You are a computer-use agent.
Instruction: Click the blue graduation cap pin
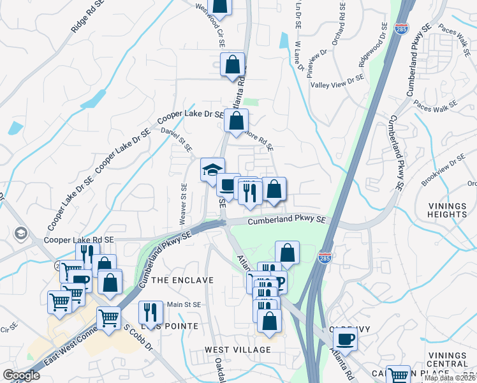(212, 170)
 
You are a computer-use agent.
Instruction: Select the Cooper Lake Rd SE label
(79, 241)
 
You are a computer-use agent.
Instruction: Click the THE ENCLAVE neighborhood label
(178, 280)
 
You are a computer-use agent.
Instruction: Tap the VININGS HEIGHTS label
(447, 210)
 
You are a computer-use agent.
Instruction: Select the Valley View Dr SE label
(337, 82)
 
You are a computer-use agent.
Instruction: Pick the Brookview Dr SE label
(444, 169)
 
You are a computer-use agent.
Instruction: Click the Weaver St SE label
(184, 204)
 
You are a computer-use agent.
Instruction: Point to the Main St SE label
(184, 304)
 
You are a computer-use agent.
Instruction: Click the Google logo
(21, 375)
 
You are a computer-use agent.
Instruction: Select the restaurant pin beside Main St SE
(150, 312)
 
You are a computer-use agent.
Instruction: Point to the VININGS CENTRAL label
(448, 359)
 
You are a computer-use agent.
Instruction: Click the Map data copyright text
(450, 378)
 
